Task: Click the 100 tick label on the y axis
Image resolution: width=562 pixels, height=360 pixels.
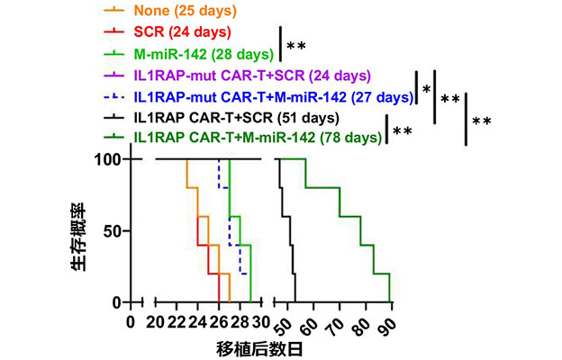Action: tap(108, 159)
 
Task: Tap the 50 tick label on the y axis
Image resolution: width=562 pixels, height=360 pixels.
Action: tap(113, 230)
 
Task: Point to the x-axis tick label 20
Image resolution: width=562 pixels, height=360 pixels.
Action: tap(155, 321)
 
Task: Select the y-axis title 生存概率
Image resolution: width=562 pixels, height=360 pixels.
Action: tap(79, 232)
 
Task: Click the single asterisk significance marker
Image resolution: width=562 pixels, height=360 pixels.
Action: tap(426, 89)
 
